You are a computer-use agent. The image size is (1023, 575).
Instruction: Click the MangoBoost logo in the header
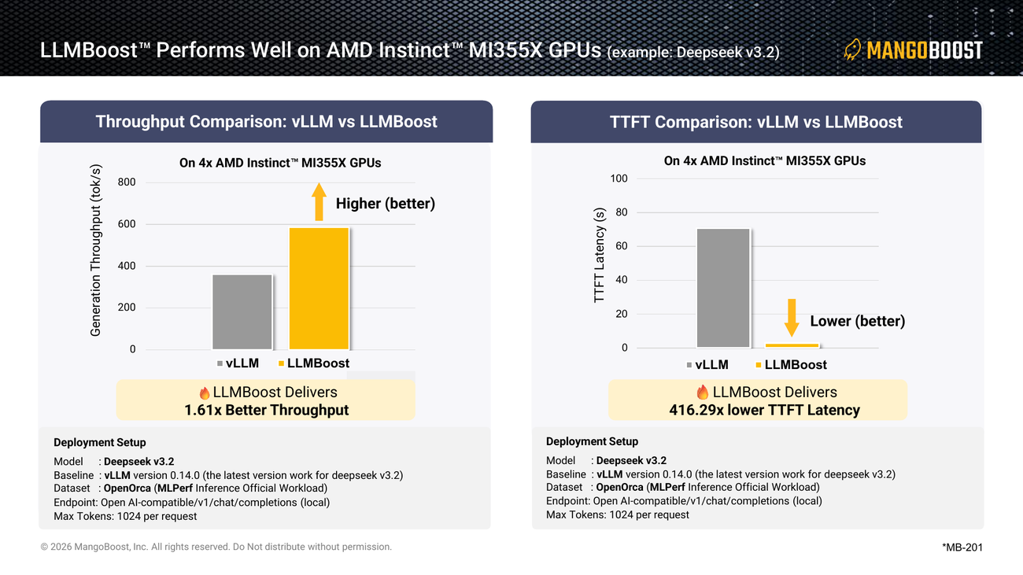913,50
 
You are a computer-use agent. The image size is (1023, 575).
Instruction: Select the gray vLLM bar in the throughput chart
242,312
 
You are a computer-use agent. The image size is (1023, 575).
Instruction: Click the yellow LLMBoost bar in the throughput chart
319,289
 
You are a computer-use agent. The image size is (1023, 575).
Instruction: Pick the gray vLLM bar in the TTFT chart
723,288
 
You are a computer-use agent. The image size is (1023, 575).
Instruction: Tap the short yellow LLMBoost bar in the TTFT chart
792,345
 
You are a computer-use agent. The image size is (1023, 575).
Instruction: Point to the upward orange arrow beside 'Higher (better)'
319,201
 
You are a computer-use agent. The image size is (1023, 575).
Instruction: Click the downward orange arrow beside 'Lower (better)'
792,318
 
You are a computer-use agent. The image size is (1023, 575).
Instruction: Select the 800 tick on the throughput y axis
127,182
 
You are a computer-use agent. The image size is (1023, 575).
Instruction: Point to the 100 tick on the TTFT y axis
619,179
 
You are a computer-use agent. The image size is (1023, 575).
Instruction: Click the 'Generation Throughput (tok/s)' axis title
95,251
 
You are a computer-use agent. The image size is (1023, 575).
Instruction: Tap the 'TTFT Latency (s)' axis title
599,255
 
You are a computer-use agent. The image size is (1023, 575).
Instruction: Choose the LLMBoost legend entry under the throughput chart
314,363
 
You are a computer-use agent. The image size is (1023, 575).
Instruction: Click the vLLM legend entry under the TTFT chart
707,365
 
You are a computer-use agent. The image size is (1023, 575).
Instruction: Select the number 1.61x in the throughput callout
203,410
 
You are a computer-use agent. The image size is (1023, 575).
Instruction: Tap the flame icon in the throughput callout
205,393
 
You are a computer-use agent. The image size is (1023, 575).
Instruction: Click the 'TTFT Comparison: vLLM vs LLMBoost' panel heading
755,122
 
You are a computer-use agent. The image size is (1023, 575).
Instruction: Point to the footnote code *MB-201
962,547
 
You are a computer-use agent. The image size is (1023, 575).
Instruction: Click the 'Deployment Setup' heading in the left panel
100,443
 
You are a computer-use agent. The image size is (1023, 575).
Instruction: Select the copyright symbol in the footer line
44,547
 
